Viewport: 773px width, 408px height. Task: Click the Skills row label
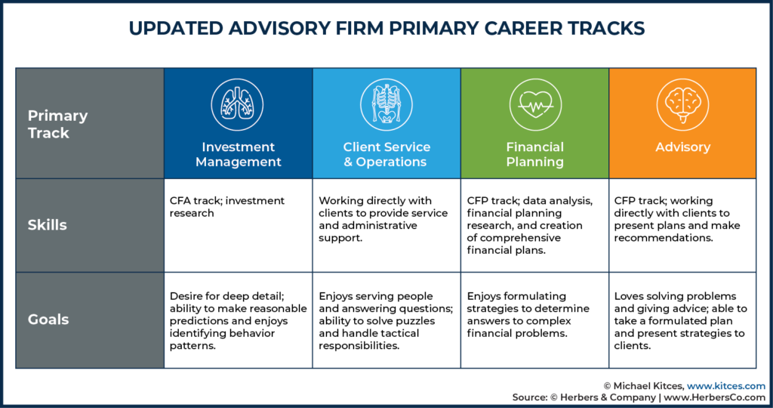(47, 225)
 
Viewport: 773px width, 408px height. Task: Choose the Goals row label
(48, 320)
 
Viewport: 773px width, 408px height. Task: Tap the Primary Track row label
(58, 124)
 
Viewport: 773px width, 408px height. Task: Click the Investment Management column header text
(238, 154)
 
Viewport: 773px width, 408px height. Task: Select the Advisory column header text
(682, 147)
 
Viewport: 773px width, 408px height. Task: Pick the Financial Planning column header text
(534, 154)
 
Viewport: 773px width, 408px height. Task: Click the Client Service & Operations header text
(386, 154)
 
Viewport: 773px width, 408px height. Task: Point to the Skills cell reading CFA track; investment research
(227, 207)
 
